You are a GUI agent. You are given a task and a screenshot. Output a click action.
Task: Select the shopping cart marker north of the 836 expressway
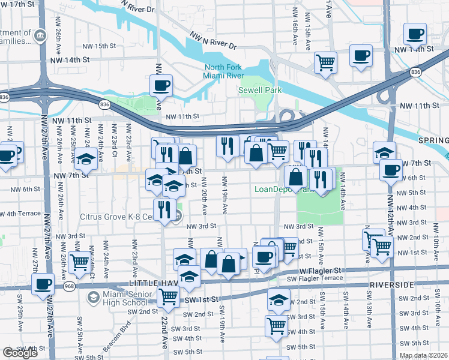pos(325,62)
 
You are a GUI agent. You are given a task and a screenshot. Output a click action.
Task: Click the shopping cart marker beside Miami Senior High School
pos(169,296)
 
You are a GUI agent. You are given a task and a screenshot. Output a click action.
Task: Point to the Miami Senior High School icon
pos(93,297)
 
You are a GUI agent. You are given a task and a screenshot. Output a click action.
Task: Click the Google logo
pos(20,353)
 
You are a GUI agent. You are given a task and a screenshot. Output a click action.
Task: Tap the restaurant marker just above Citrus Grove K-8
pos(163,209)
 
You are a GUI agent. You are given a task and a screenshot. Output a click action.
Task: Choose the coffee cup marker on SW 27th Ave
pos(43,284)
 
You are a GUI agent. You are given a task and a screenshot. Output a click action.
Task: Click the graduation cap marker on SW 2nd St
pos(278,299)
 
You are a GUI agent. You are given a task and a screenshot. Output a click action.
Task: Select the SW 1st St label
pos(199,299)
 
